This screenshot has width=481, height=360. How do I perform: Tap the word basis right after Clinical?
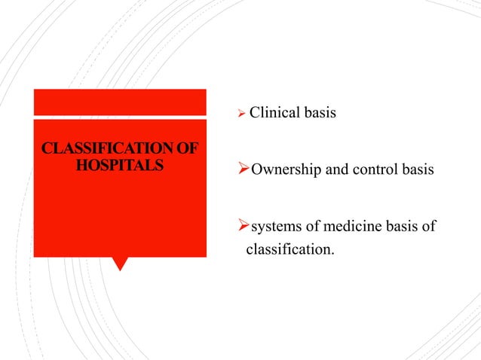click(x=319, y=114)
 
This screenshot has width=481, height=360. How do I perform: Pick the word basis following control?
click(x=416, y=169)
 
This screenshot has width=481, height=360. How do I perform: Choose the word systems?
click(x=274, y=227)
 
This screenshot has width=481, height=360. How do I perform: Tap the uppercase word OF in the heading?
click(x=188, y=148)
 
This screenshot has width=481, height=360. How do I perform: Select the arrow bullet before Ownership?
click(x=243, y=169)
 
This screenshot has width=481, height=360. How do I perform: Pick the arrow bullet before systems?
click(x=243, y=227)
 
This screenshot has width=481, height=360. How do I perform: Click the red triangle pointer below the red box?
click(x=120, y=263)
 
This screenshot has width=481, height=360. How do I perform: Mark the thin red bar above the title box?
click(x=120, y=102)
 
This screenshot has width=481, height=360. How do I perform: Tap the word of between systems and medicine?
click(x=311, y=227)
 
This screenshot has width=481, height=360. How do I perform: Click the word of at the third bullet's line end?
click(x=429, y=227)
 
